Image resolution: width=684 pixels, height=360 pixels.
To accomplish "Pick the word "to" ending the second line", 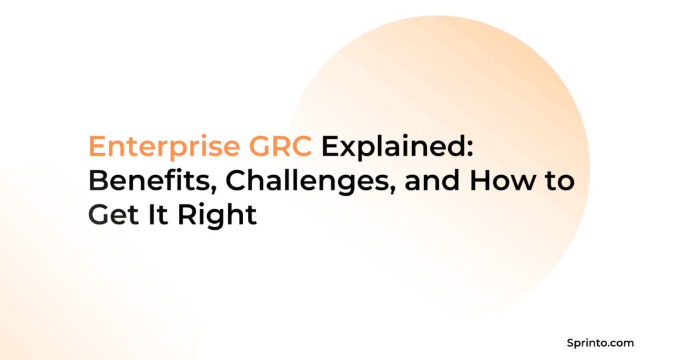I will (x=558, y=182).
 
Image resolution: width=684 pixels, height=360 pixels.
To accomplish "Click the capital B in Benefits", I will (x=98, y=182).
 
